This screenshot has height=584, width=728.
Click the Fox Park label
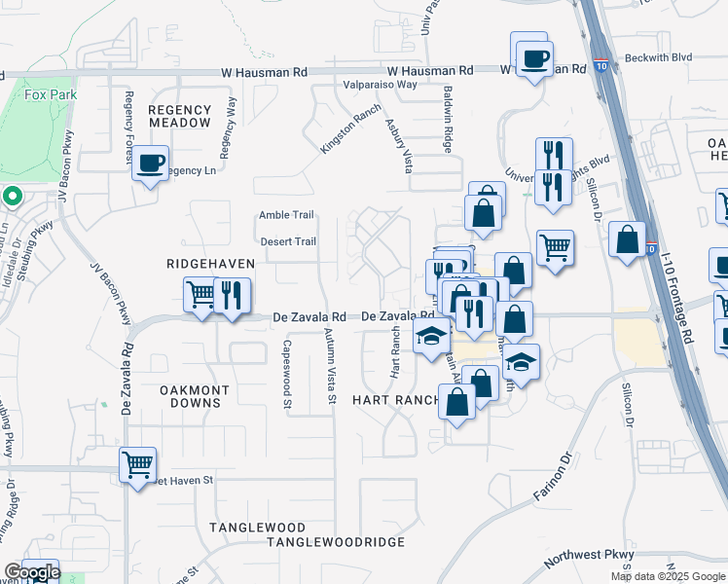[44, 95]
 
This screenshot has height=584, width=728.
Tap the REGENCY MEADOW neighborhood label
[179, 117]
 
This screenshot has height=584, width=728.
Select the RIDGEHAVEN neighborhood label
[210, 264]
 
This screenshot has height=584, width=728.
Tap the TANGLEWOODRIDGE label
[321, 541]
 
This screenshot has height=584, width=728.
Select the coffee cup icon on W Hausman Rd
[532, 57]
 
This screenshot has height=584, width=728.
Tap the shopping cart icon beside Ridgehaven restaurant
[200, 294]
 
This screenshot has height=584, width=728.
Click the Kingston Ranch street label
[349, 128]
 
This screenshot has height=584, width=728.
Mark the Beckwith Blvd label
[660, 57]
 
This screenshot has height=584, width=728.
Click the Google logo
[31, 572]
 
